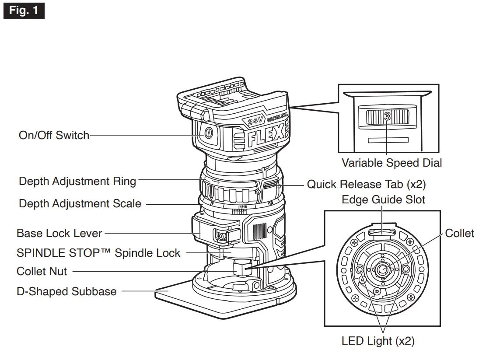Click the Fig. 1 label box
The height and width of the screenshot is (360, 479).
24,10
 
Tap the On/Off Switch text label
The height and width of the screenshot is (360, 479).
54,135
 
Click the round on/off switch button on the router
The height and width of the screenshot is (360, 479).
207,133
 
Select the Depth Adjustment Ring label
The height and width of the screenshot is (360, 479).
77,181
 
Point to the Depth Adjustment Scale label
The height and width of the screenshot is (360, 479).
80,203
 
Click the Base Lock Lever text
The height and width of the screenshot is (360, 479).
59,233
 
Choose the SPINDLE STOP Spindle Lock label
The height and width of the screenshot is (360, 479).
98,253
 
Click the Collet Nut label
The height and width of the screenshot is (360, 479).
42,271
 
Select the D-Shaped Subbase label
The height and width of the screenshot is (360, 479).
66,291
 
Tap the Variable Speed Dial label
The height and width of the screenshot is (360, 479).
392,163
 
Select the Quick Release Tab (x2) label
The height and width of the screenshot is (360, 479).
366,184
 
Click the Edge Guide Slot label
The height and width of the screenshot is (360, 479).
383,200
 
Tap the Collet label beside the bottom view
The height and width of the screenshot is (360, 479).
459,233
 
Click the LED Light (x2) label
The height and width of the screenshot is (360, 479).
378,341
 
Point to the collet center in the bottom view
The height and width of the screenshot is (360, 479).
382,269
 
